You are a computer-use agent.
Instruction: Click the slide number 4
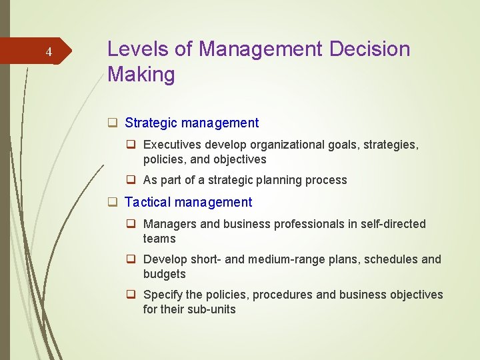tap(48, 52)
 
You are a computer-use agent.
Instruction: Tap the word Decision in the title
tap(369, 49)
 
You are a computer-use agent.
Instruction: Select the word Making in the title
tap(141, 75)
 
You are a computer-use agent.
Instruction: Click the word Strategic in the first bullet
tap(150, 123)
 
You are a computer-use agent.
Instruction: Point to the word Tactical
tap(147, 202)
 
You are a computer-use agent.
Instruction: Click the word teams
tap(159, 239)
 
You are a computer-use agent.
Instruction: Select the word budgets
tap(164, 274)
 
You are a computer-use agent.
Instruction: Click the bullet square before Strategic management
tap(113, 123)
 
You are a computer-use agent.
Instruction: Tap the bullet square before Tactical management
tap(113, 202)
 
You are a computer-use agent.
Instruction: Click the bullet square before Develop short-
tap(133, 259)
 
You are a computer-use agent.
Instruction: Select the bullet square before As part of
tap(133, 180)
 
